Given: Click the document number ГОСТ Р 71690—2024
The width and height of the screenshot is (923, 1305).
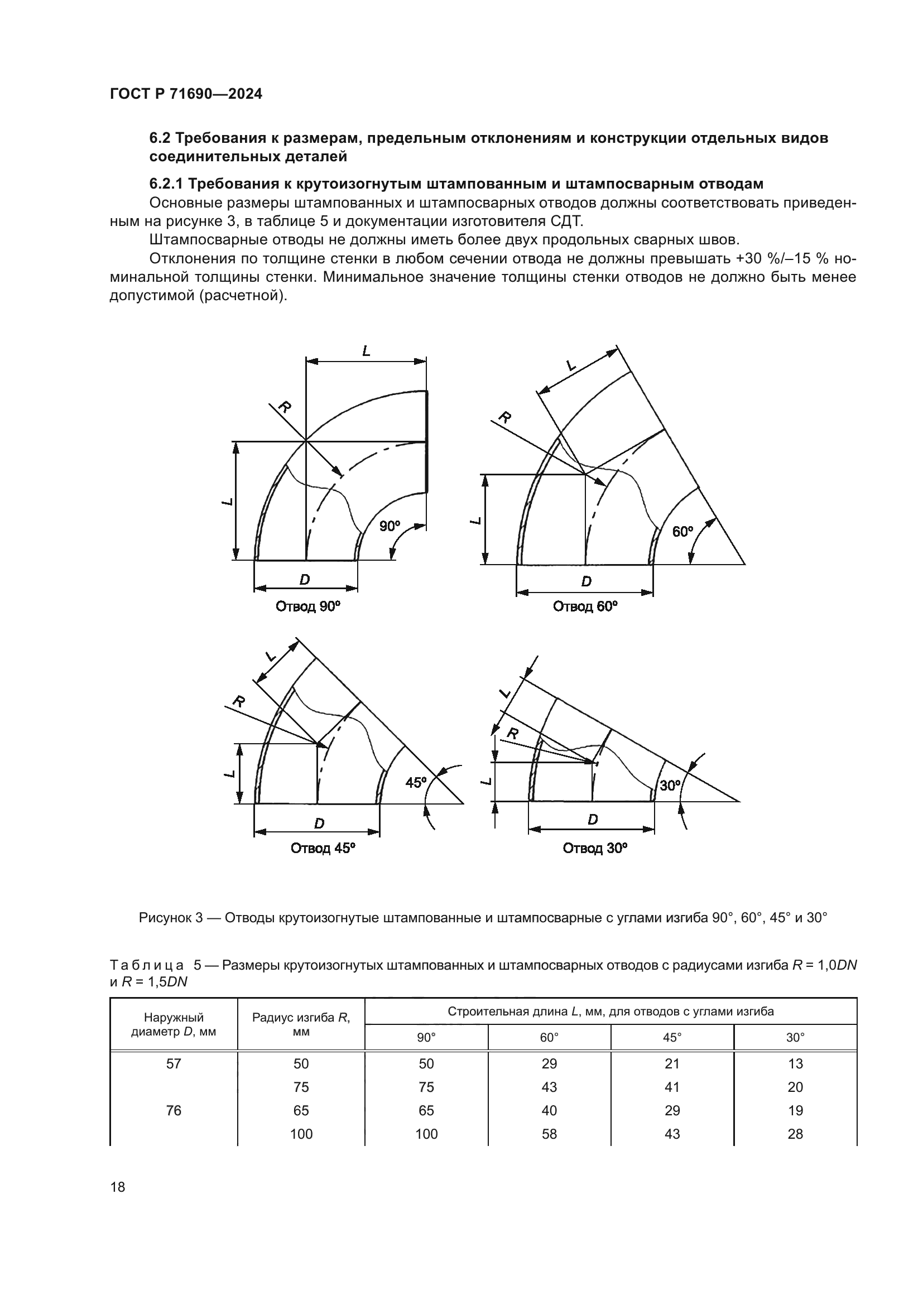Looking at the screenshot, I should pyautogui.click(x=186, y=94).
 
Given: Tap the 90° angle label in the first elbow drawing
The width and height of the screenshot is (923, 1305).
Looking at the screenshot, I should pyautogui.click(x=390, y=526).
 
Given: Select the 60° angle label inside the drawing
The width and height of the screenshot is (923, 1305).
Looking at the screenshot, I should pyautogui.click(x=682, y=532).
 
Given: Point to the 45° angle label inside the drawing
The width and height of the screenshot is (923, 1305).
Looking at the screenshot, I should pyautogui.click(x=416, y=783).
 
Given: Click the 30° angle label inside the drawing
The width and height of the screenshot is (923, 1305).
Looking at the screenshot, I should pyautogui.click(x=670, y=786).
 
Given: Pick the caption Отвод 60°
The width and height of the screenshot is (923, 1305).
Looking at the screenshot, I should pyautogui.click(x=585, y=606).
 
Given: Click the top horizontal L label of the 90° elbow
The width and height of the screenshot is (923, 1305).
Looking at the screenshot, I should pyautogui.click(x=367, y=351).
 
